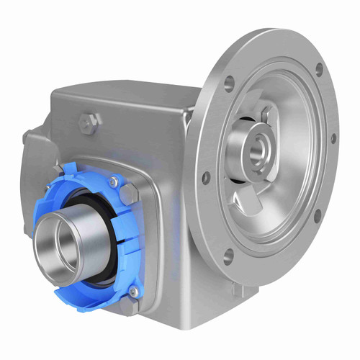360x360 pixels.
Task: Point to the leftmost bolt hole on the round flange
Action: click(x=207, y=175)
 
